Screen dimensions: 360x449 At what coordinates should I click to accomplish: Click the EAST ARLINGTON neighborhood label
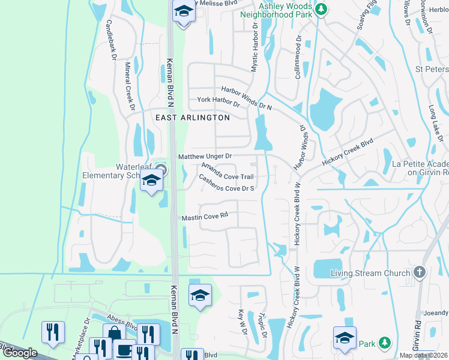click(192, 118)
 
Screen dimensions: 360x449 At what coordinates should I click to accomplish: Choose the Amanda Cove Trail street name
click(228, 172)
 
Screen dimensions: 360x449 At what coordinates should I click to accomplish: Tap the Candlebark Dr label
click(110, 40)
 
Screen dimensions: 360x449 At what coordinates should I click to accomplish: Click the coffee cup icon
click(124, 349)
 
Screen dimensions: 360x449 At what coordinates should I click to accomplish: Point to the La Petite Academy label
click(420, 168)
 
